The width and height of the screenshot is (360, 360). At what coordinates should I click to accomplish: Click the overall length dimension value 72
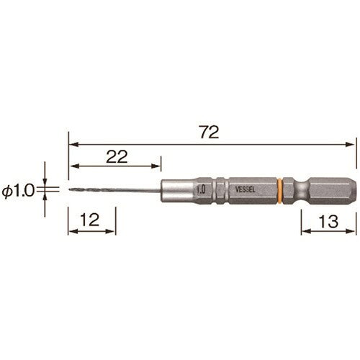pyautogui.click(x=210, y=132)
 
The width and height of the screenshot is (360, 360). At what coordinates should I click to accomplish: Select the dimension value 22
pyautogui.click(x=117, y=157)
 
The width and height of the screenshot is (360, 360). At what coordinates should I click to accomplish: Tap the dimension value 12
pyautogui.click(x=90, y=220)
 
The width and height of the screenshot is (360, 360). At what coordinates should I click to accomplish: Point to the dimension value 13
pyautogui.click(x=328, y=222)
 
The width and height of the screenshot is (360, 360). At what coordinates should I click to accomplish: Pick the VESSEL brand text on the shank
pyautogui.click(x=245, y=189)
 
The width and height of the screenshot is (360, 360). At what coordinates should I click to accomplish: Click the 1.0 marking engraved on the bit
pyautogui.click(x=201, y=189)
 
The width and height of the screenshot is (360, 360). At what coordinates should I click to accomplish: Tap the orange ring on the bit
pyautogui.click(x=279, y=191)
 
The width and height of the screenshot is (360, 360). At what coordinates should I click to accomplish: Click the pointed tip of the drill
pyautogui.click(x=69, y=190)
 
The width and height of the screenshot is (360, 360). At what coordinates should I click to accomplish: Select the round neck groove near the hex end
pyautogui.click(x=302, y=191)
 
